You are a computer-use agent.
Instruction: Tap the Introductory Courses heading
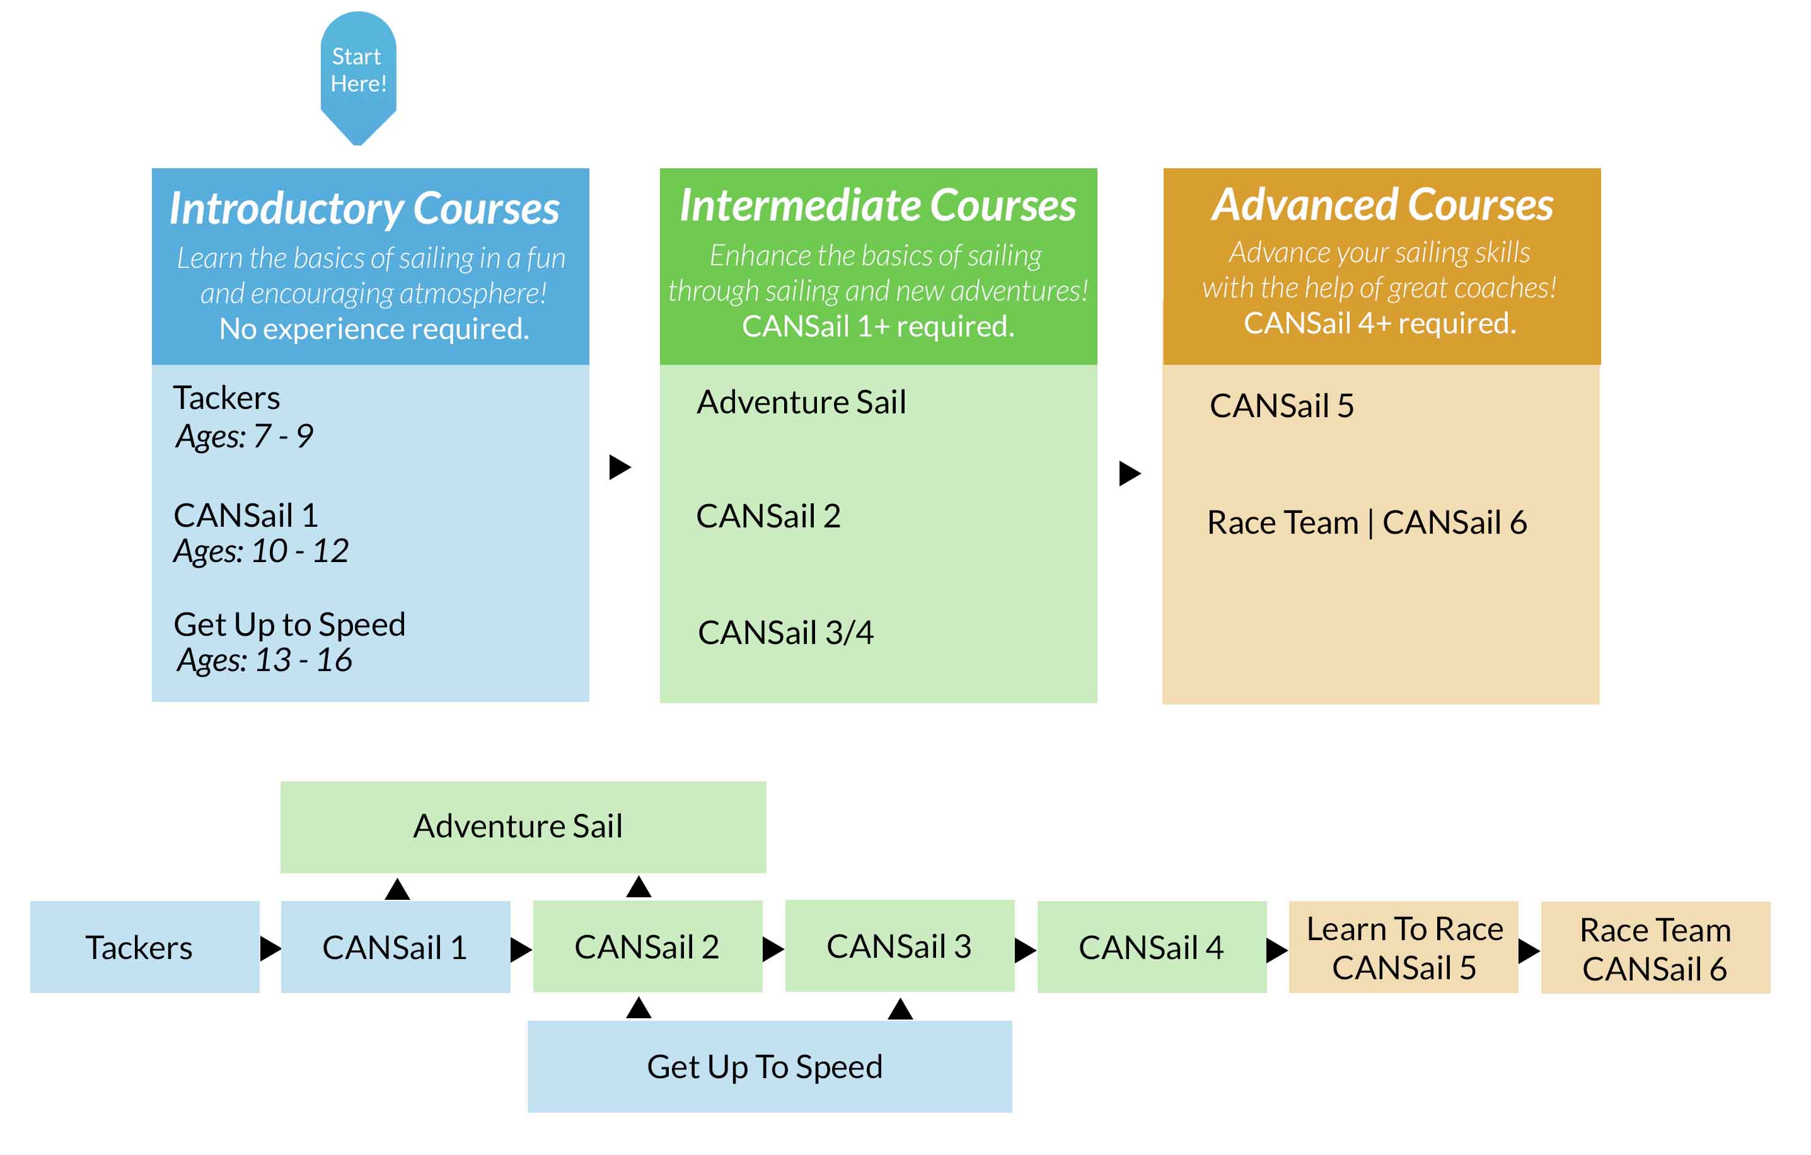pyautogui.click(x=364, y=209)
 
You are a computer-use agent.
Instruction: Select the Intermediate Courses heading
pyautogui.click(x=877, y=205)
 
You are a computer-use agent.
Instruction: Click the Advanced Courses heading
pyautogui.click(x=1382, y=205)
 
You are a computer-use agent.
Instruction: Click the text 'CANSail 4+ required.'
pyautogui.click(x=1379, y=323)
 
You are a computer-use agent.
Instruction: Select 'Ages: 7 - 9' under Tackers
pyautogui.click(x=244, y=436)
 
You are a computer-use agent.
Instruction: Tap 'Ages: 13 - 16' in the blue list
pyautogui.click(x=264, y=660)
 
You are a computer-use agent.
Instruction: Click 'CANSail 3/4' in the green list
pyautogui.click(x=785, y=633)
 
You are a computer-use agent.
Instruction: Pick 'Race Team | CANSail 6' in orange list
pyautogui.click(x=1367, y=522)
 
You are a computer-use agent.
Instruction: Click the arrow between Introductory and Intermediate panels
pyautogui.click(x=619, y=467)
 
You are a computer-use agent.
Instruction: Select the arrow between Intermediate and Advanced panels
pyautogui.click(x=1130, y=473)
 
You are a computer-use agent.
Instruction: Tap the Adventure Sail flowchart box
pyautogui.click(x=523, y=827)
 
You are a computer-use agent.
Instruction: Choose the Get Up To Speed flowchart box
pyautogui.click(x=770, y=1066)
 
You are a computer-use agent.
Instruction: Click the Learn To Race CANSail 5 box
pyautogui.click(x=1403, y=948)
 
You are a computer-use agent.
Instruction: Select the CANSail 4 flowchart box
pyautogui.click(x=1152, y=948)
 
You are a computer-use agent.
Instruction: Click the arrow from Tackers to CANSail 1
pyautogui.click(x=270, y=948)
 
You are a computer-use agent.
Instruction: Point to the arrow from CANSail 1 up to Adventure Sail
pyautogui.click(x=397, y=889)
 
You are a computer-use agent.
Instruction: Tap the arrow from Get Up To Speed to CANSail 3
pyautogui.click(x=900, y=1008)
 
